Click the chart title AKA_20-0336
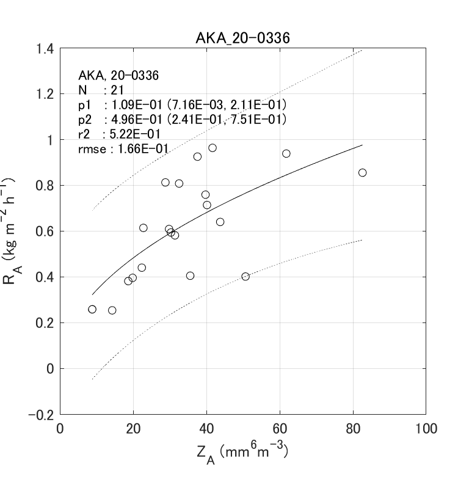pos(242,38)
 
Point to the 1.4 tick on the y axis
pos(47,49)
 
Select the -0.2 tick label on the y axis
pos(42,415)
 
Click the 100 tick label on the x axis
pos(426,429)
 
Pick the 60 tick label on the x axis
pos(280,429)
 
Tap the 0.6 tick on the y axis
pos(47,231)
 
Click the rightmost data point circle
pos(362,173)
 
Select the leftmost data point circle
pos(92,309)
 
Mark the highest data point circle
pos(213,148)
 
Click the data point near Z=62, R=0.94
pos(286,153)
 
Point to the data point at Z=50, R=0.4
pos(245,277)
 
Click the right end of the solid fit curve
pos(362,145)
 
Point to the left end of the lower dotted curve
pos(92,379)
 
